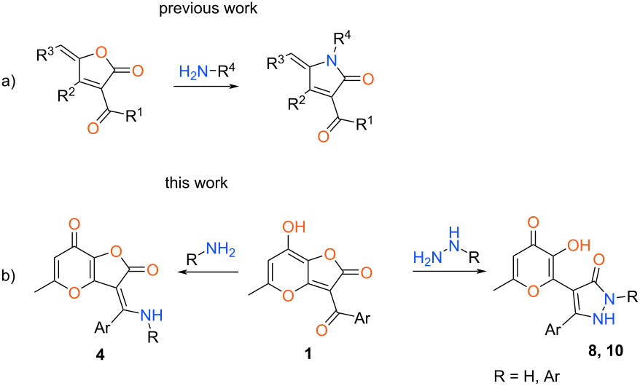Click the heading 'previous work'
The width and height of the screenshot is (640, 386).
pos(208,8)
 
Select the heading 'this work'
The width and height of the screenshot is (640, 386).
pos(196,183)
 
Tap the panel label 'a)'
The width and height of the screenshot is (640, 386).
pos(8,82)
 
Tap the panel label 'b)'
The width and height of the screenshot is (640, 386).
pos(8,275)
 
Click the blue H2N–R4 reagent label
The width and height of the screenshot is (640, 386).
pos(206,73)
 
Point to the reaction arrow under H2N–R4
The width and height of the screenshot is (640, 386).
pos(206,87)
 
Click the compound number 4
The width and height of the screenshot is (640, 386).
pos(100,355)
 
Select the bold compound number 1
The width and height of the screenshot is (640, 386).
pos(308,354)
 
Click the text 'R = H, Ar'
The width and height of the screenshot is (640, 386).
pos(527,377)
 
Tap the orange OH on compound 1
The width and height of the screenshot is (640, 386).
pos(294,227)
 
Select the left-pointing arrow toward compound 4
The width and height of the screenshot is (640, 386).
pos(210,272)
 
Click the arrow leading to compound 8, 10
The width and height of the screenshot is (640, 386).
pos(446,271)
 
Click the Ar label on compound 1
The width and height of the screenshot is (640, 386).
pos(362,317)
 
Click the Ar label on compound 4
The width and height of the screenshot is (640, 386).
pos(103,327)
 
